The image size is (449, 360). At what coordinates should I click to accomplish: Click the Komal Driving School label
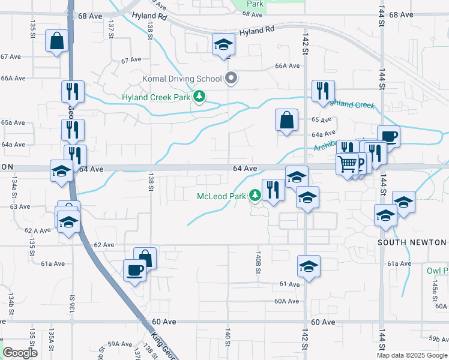click(x=181, y=79)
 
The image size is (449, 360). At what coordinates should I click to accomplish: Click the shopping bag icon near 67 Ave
click(x=56, y=42)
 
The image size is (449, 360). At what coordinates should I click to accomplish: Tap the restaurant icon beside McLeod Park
click(x=273, y=190)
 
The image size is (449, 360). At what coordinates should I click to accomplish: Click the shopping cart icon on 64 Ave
click(x=348, y=163)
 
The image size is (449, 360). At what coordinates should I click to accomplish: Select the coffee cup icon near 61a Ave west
click(x=134, y=270)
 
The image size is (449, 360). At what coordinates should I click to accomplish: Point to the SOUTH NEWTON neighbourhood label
click(x=412, y=242)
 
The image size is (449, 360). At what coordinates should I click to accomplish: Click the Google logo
click(x=20, y=353)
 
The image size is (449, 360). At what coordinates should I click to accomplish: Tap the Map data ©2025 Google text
click(x=412, y=355)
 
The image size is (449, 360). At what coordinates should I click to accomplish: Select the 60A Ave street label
click(x=286, y=301)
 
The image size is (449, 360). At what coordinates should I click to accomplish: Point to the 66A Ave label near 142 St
click(x=287, y=67)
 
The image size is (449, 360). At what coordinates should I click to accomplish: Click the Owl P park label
click(x=438, y=271)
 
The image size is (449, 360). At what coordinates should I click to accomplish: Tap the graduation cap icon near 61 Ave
click(x=309, y=267)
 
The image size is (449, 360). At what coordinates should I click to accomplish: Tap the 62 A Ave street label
click(x=37, y=230)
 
